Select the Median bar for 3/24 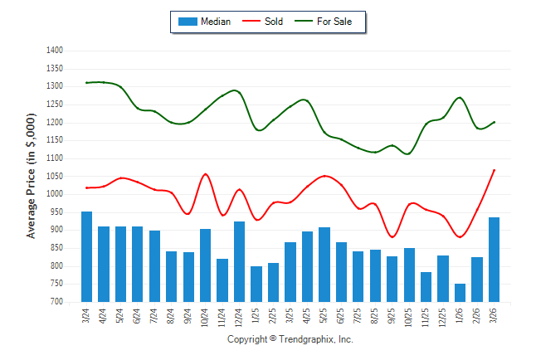tap(86, 256)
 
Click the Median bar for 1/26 tap(460, 292)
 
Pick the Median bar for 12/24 tap(240, 261)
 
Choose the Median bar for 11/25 tap(426, 286)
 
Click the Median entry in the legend tap(206, 22)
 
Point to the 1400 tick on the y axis tap(56, 51)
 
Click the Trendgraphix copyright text tap(290, 340)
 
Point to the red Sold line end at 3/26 tap(495, 170)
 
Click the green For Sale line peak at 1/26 tap(460, 98)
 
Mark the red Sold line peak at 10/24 tap(206, 174)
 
